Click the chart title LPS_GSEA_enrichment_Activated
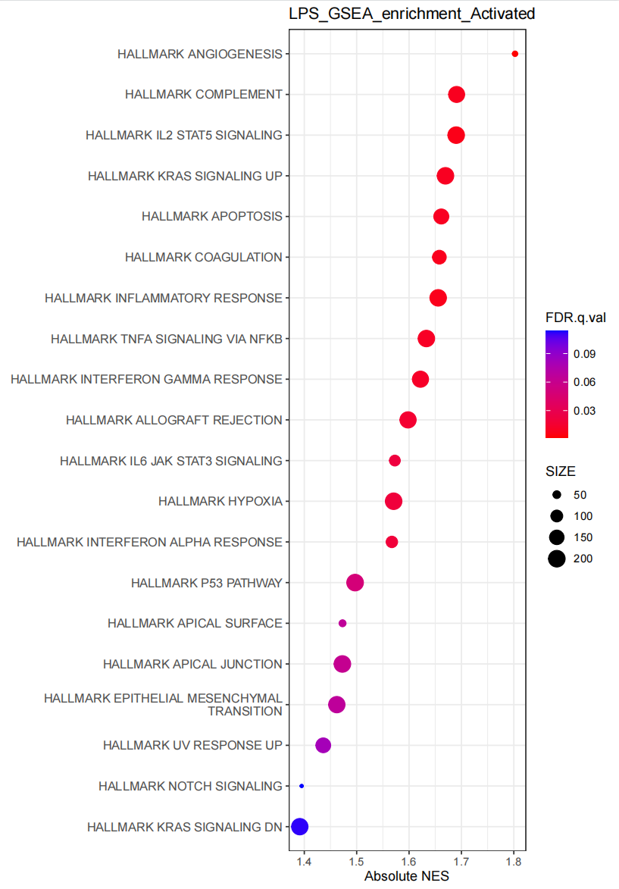(x=411, y=14)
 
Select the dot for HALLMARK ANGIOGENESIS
(x=515, y=54)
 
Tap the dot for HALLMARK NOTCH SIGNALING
(x=302, y=786)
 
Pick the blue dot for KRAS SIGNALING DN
(x=300, y=827)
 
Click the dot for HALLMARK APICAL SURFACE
(x=342, y=623)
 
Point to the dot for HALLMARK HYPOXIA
(x=393, y=501)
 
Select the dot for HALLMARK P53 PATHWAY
(x=355, y=583)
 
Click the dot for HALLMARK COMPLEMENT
(x=456, y=95)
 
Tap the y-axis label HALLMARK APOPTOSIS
(x=211, y=217)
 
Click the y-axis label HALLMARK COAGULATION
(x=203, y=258)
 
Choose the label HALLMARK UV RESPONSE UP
(x=192, y=746)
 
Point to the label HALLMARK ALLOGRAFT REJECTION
(x=174, y=420)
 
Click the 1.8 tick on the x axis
(x=514, y=862)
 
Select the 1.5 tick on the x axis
(x=356, y=862)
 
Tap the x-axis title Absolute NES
(x=407, y=877)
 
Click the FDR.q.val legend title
(x=575, y=318)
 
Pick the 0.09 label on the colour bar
(x=584, y=354)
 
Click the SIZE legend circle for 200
(x=557, y=559)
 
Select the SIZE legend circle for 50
(x=557, y=495)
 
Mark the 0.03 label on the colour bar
(x=584, y=411)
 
